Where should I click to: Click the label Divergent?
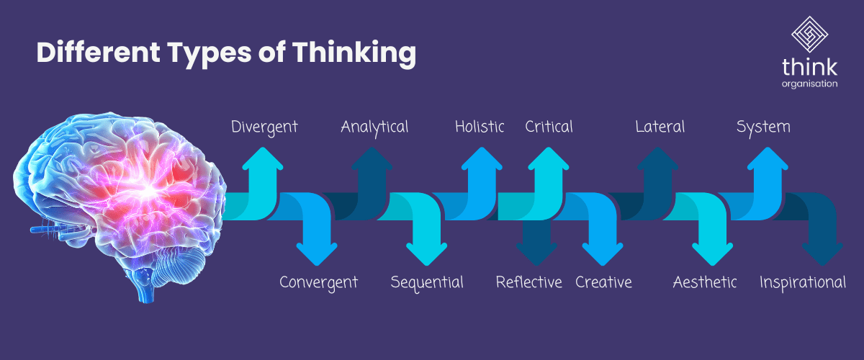pyautogui.click(x=264, y=127)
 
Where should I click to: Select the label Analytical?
pyautogui.click(x=374, y=127)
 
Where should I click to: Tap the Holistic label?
pyautogui.click(x=480, y=127)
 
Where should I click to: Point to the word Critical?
pyautogui.click(x=549, y=127)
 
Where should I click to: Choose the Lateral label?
pyautogui.click(x=660, y=127)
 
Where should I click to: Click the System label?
pyautogui.click(x=763, y=127)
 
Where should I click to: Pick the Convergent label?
pyautogui.click(x=318, y=282)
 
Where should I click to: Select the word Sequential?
pyautogui.click(x=427, y=282)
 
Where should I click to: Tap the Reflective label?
pyautogui.click(x=528, y=282)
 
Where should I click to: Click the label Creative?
pyautogui.click(x=603, y=282)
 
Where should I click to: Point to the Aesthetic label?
pyautogui.click(x=705, y=282)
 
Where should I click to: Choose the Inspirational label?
pyautogui.click(x=803, y=282)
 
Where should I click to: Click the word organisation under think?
pyautogui.click(x=810, y=84)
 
